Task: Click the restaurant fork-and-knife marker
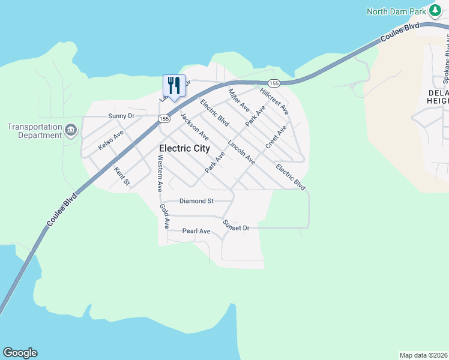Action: click(174, 86)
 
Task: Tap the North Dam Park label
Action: click(396, 11)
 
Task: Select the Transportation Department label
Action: click(35, 131)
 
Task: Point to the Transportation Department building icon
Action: click(71, 130)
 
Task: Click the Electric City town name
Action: click(184, 148)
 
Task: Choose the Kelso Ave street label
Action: click(110, 140)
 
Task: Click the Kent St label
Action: click(122, 176)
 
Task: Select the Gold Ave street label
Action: click(164, 216)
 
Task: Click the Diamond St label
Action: click(197, 201)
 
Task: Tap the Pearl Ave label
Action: click(196, 231)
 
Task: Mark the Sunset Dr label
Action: click(235, 226)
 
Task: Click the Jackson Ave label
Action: click(194, 126)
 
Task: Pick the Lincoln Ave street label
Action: click(241, 152)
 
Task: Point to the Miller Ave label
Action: click(239, 100)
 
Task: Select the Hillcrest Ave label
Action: click(274, 101)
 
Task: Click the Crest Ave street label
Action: click(276, 137)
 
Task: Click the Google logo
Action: click(20, 353)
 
